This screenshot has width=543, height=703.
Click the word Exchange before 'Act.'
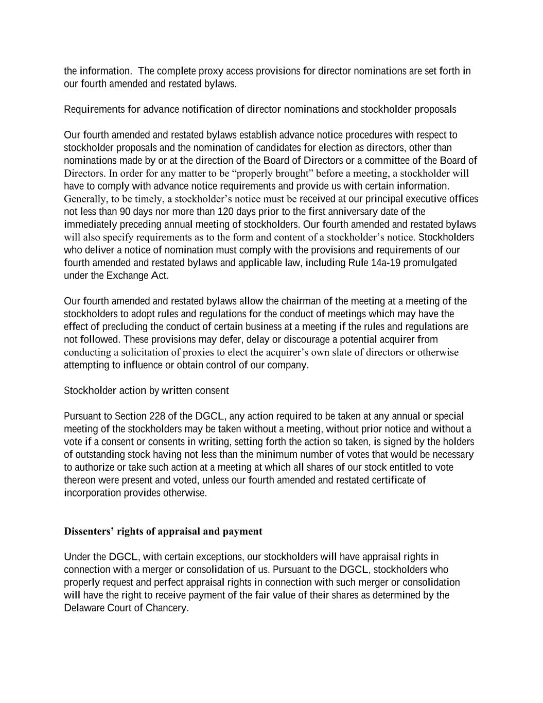[x=127, y=276]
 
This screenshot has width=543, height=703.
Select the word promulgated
[x=431, y=263]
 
